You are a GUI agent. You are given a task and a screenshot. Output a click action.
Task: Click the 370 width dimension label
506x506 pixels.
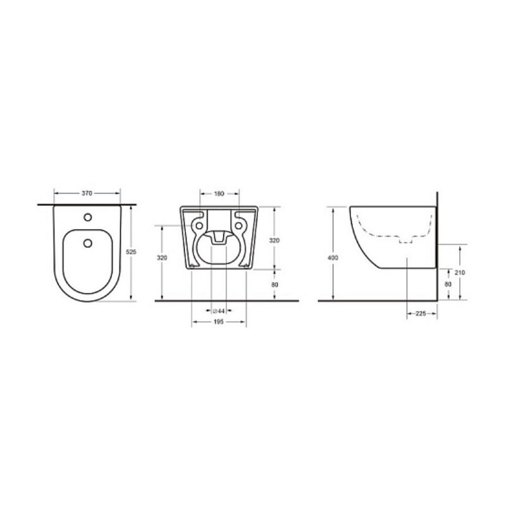87,194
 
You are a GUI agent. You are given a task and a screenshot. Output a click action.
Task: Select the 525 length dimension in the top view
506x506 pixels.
131,252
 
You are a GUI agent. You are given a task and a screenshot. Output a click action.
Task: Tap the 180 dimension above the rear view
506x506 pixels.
219,194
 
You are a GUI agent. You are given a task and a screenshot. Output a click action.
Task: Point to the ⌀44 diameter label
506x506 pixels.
219,311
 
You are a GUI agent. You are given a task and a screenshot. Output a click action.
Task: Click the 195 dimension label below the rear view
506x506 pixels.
219,322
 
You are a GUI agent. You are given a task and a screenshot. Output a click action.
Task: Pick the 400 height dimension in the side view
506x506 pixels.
333,257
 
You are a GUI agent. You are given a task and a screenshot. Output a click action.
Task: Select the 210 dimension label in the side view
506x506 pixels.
460,273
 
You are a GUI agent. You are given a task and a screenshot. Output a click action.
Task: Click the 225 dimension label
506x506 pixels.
421,313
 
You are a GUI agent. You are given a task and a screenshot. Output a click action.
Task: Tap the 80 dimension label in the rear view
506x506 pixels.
275,285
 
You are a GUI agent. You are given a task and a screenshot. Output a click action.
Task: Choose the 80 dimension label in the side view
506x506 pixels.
448,284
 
